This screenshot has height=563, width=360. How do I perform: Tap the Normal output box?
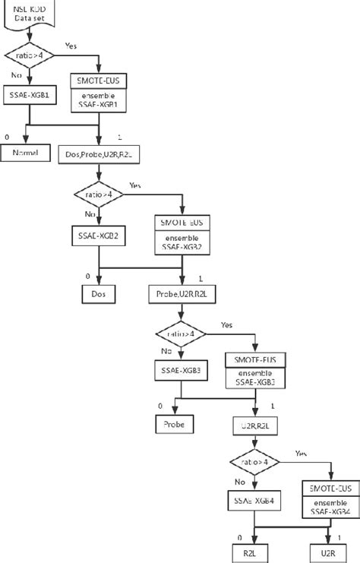[x=29, y=153]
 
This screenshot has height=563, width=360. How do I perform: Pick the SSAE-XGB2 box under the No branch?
[x=99, y=236]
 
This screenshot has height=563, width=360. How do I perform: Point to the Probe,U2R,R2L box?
[x=179, y=293]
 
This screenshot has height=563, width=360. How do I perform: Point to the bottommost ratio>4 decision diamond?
[x=254, y=462]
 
